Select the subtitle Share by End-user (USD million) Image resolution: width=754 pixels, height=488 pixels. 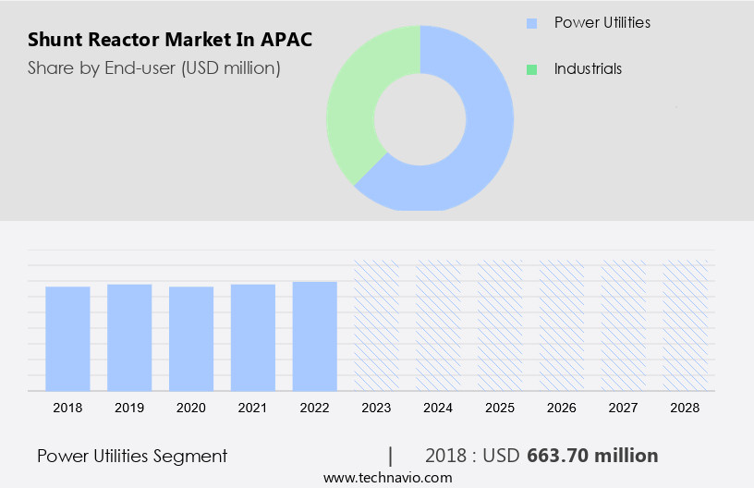pos(153,67)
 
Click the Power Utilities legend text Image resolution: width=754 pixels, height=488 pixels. pos(602,22)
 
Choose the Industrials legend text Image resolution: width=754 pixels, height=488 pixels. pos(588,68)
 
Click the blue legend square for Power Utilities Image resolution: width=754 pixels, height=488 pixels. pos(531,22)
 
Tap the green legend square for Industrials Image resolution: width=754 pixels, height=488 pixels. pos(531,69)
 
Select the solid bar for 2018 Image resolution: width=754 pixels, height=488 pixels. pos(67,338)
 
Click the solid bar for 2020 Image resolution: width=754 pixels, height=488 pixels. pos(191,338)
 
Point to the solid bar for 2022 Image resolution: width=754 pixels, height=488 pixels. pos(315,335)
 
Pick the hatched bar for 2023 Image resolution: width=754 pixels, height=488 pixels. pos(377,324)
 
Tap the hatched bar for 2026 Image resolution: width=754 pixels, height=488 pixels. pos(563,324)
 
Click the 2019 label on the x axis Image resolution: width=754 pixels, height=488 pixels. pos(129,407)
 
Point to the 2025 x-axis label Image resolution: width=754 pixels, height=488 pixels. pos(500,407)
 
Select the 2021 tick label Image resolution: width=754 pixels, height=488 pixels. pos(253,407)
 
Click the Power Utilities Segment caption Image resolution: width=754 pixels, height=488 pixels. pos(132,456)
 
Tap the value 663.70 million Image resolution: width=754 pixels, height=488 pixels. pos(592,456)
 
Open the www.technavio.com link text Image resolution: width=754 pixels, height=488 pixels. pos(387,478)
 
